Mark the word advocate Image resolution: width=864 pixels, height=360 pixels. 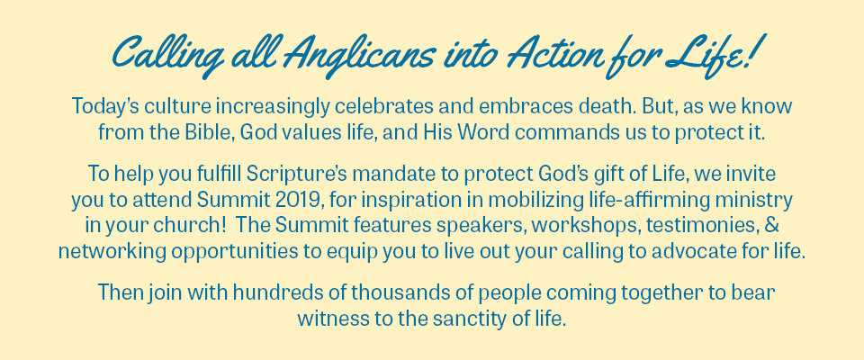693,252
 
